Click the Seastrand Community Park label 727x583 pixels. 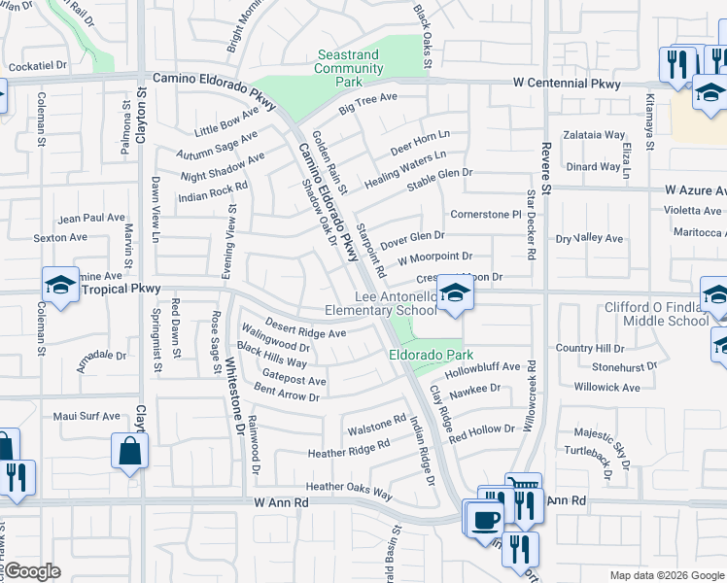[348, 69]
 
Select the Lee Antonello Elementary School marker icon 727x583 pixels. [452, 292]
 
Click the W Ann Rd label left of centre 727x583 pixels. [281, 502]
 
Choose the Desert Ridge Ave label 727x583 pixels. [306, 332]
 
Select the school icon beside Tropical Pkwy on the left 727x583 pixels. [60, 286]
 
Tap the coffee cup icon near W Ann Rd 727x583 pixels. [484, 518]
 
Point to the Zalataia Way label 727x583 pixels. [594, 135]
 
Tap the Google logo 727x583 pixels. [32, 572]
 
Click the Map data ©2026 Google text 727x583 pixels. [666, 575]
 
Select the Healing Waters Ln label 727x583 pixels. [405, 169]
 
